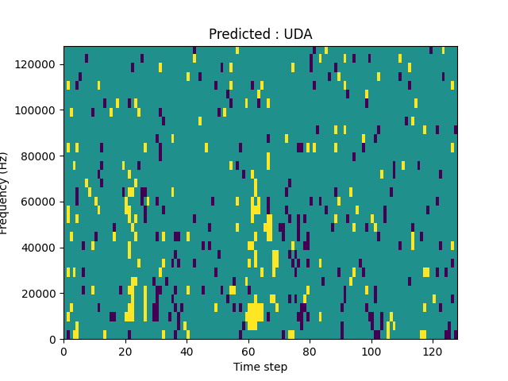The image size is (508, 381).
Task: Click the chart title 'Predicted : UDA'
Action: (x=260, y=34)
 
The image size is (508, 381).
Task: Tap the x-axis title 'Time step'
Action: (x=260, y=367)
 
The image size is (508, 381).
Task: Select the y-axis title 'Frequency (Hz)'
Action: (x=5, y=193)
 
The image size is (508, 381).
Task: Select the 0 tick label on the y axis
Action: (x=53, y=339)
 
